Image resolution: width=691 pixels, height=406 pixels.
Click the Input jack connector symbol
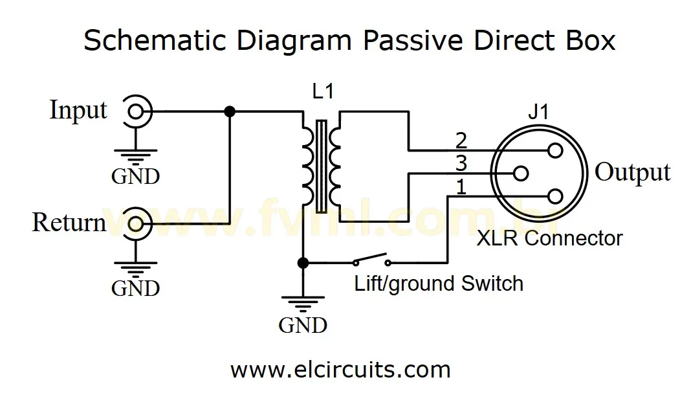[x=136, y=111]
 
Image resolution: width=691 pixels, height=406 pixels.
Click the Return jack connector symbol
[x=136, y=223]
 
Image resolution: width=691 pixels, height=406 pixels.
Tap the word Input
[x=78, y=111]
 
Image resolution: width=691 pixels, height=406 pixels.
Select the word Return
[x=69, y=223]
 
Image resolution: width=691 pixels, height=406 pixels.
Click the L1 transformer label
[x=322, y=91]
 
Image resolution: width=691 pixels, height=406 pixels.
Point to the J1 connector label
[x=538, y=112]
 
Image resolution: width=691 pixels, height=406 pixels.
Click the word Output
[x=632, y=172]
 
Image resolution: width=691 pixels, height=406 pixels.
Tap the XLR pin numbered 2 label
[x=461, y=141]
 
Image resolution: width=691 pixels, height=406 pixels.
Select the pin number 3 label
[x=461, y=163]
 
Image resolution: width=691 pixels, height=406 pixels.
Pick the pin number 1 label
[x=461, y=188]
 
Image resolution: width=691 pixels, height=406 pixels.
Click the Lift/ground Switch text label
[x=438, y=284]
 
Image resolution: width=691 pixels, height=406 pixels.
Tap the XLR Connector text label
[x=549, y=238]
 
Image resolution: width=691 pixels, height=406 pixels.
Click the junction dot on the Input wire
[x=229, y=111]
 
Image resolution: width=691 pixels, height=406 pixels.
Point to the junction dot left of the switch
[x=302, y=263]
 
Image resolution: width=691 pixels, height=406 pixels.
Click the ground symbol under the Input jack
[x=136, y=156]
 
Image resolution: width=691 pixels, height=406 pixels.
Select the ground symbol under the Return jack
[x=136, y=267]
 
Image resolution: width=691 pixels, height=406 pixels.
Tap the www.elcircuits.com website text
[x=340, y=370]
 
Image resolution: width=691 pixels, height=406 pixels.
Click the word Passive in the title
[x=412, y=41]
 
